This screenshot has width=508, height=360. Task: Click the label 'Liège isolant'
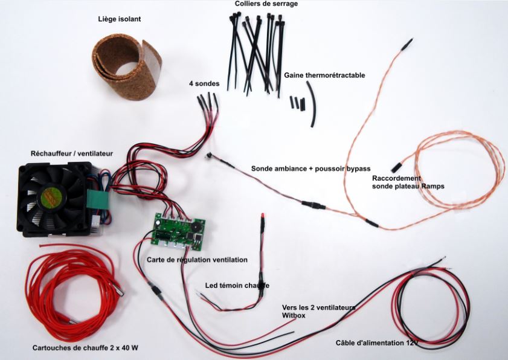(x=120, y=19)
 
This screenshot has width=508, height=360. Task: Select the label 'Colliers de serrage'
(x=266, y=4)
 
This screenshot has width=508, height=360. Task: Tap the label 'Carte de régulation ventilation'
(x=197, y=259)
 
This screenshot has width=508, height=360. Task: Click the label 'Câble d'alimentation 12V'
(x=377, y=343)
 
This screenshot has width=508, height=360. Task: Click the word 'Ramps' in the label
(x=433, y=187)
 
